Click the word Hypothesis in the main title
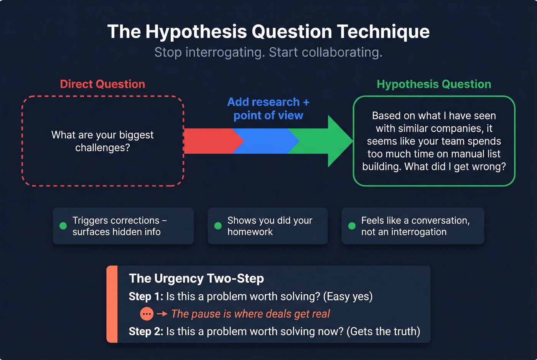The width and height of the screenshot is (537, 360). click(x=196, y=31)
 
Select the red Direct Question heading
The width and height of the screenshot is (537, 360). click(x=102, y=84)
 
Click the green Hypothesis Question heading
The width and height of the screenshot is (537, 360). click(x=434, y=84)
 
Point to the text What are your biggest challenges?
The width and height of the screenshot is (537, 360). click(x=102, y=141)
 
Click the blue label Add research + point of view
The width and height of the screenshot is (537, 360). click(x=268, y=108)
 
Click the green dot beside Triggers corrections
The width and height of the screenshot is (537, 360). click(x=63, y=226)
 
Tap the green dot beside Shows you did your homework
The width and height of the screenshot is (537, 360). click(x=218, y=226)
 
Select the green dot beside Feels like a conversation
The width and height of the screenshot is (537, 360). click(x=352, y=226)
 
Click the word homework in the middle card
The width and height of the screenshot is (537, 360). click(x=250, y=232)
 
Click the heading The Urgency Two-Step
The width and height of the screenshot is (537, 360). click(x=196, y=278)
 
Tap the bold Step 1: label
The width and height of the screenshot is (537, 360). click(x=146, y=296)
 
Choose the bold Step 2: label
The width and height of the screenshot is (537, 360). click(x=146, y=331)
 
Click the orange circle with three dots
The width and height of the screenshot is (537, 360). click(x=147, y=314)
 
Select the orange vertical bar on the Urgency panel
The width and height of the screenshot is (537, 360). click(x=112, y=304)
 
